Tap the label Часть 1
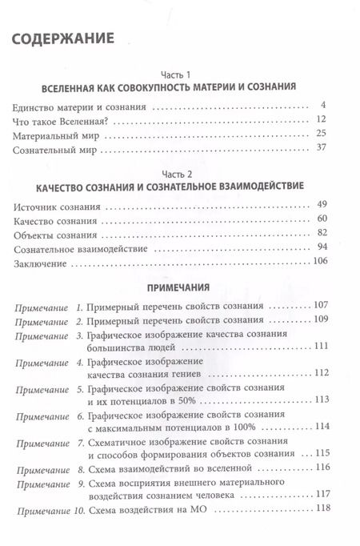[181, 70]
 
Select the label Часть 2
[181, 172]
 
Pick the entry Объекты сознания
[54, 235]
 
